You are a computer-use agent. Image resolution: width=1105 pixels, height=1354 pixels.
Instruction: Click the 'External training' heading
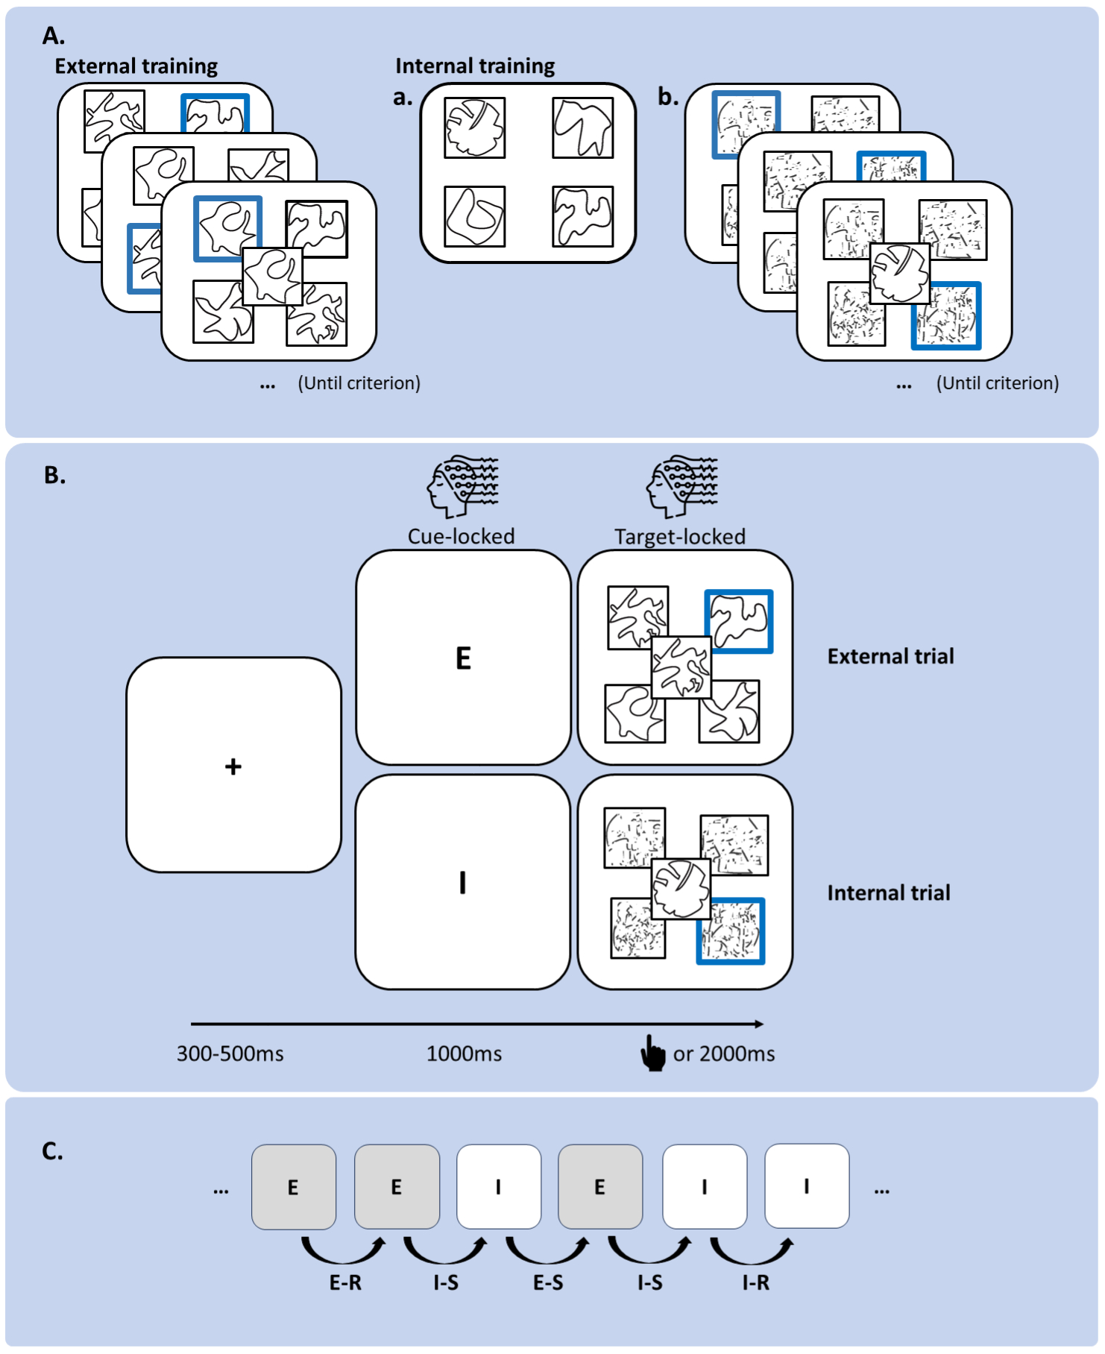point(136,66)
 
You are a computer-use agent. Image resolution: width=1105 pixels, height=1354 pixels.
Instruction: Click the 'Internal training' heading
point(475,66)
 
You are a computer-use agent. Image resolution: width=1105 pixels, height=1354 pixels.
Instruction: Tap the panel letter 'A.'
point(54,35)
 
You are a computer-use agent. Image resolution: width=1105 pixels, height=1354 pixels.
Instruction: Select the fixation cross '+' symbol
point(233,766)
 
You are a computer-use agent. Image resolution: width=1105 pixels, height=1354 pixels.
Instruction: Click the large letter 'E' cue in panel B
point(463,658)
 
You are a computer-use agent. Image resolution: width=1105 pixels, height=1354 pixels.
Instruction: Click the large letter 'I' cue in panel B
point(463,883)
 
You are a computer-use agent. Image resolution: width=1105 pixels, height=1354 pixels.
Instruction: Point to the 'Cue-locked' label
point(461,536)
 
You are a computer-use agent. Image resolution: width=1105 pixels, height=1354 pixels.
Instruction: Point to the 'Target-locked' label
point(679,536)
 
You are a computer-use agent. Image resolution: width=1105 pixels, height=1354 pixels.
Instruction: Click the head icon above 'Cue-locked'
point(463,487)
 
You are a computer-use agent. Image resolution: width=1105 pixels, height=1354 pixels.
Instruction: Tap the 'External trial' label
point(890,656)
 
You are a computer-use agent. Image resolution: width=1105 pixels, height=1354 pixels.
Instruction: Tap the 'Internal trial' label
point(888,892)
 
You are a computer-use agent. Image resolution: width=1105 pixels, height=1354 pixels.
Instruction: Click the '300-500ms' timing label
point(230,1054)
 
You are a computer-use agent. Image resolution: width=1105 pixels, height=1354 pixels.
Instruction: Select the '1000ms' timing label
point(464,1054)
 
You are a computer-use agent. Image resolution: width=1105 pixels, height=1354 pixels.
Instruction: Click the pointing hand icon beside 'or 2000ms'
point(653,1054)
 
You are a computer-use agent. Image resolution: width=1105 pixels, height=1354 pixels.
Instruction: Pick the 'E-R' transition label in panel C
point(345,1282)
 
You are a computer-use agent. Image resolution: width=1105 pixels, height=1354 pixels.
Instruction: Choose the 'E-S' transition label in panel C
point(548,1282)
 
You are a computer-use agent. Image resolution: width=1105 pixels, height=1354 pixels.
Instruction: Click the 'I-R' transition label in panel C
point(755,1282)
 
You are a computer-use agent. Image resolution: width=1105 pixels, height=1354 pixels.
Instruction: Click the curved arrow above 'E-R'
point(344,1250)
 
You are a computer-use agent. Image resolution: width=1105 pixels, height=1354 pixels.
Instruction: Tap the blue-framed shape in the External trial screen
point(738,621)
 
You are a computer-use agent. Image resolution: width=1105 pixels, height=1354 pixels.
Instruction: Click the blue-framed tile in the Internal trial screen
point(730,931)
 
